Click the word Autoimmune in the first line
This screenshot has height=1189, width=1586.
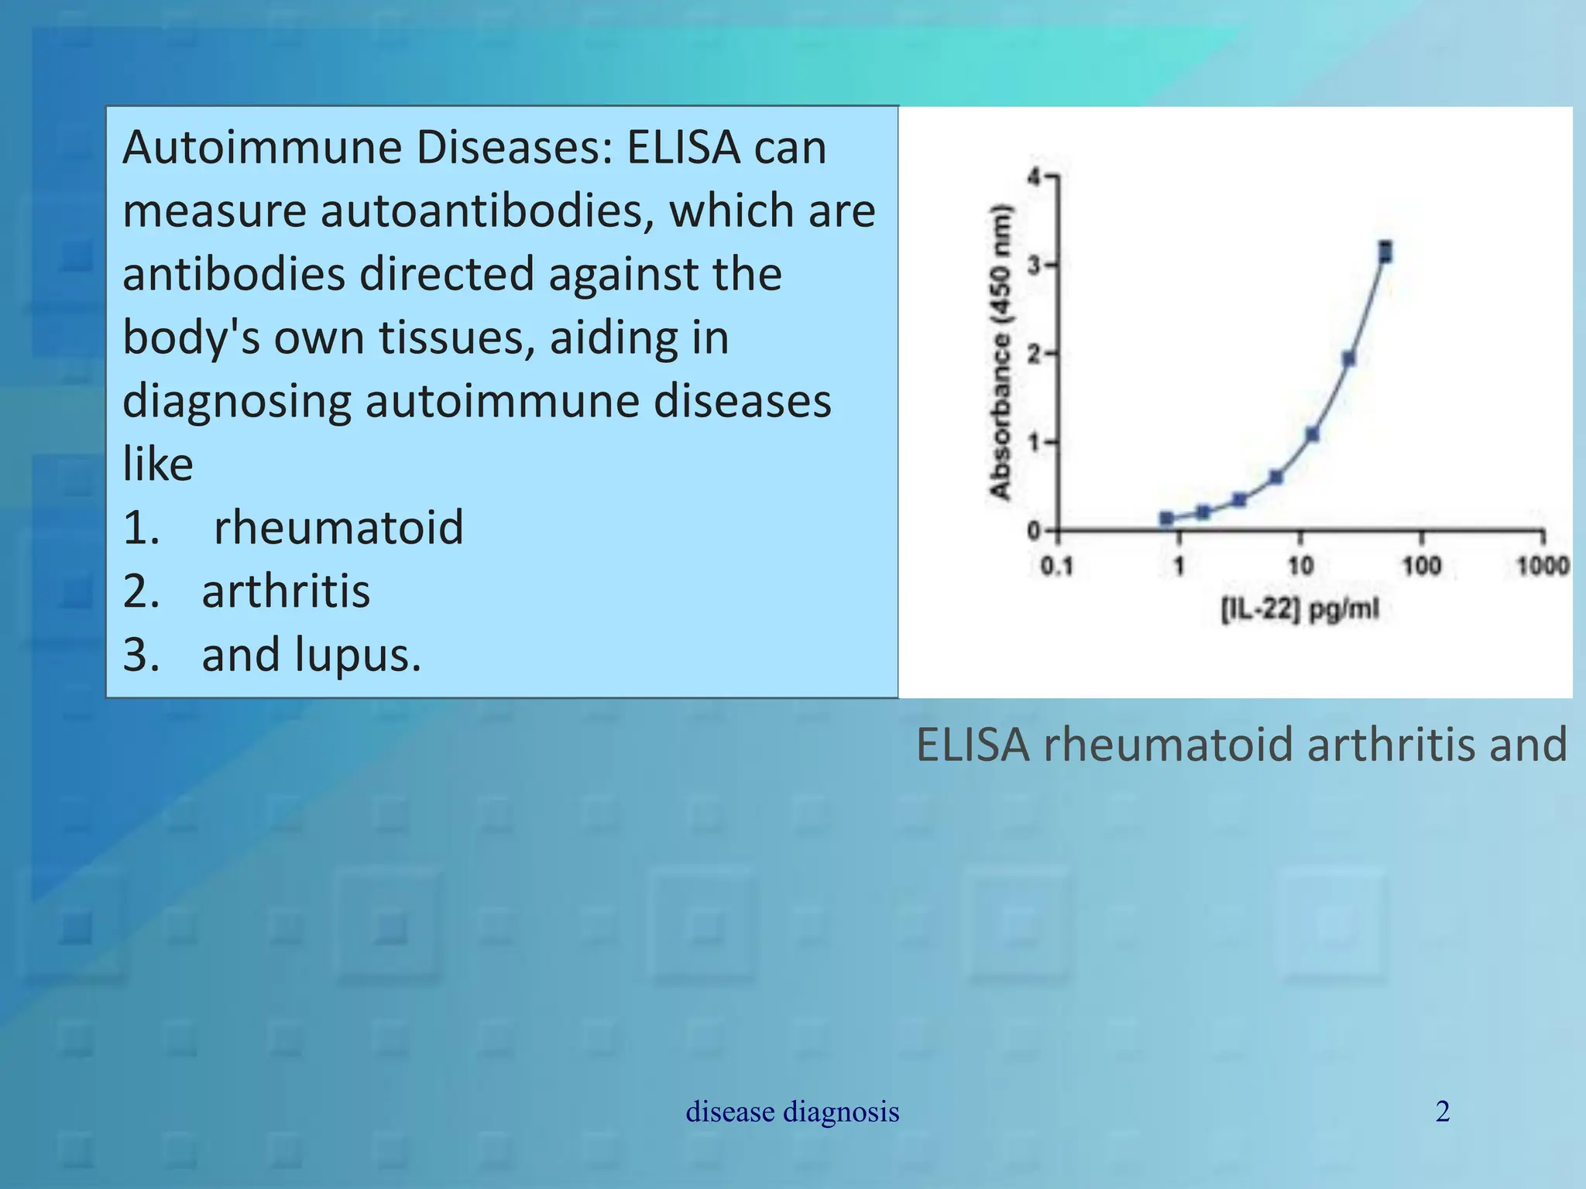pyautogui.click(x=262, y=147)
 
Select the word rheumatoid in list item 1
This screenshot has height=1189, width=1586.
pyautogui.click(x=338, y=528)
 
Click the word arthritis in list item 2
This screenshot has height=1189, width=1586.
pyautogui.click(x=286, y=591)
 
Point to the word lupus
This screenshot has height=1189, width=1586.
pyautogui.click(x=357, y=655)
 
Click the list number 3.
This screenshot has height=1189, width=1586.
pyautogui.click(x=142, y=655)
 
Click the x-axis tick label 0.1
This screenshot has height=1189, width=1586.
pyautogui.click(x=1056, y=567)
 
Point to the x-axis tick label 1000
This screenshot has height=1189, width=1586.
pyautogui.click(x=1542, y=567)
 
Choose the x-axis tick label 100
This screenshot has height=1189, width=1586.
pyautogui.click(x=1422, y=567)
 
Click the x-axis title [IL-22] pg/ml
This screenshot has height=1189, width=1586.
pyautogui.click(x=1300, y=610)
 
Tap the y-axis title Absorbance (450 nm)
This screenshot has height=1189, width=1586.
pyautogui.click(x=1001, y=352)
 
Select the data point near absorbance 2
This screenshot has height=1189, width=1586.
pyautogui.click(x=1348, y=358)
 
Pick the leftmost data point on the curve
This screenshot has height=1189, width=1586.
pyautogui.click(x=1167, y=518)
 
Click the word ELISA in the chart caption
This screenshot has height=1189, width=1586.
pyautogui.click(x=973, y=745)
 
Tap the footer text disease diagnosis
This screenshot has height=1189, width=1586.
pyautogui.click(x=792, y=1112)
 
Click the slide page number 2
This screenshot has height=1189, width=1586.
pyautogui.click(x=1443, y=1112)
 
